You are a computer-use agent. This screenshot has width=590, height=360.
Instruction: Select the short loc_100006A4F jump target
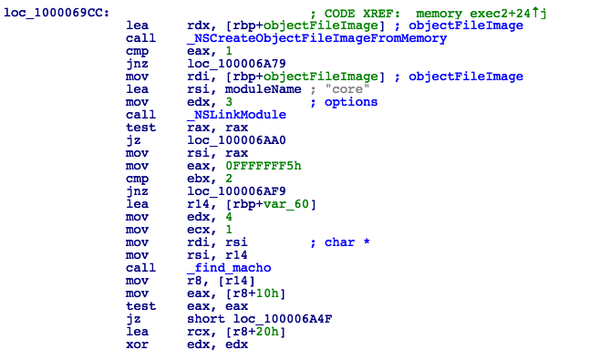pyautogui.click(x=250, y=318)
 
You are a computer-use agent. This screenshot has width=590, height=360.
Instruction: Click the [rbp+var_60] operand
pyautogui.click(x=266, y=204)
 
